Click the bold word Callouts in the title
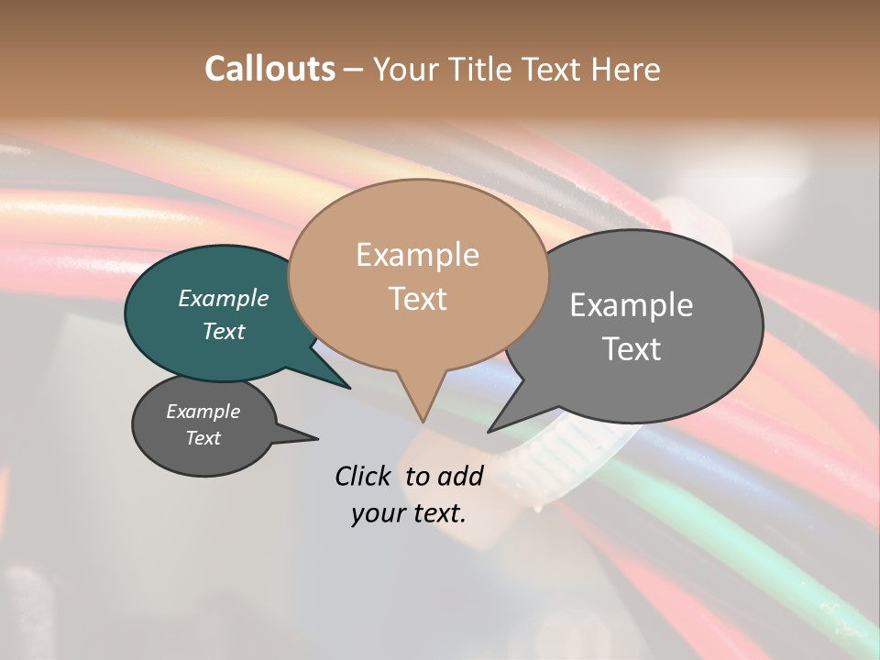[x=269, y=69]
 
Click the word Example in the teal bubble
[x=223, y=298]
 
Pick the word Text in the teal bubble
[x=223, y=331]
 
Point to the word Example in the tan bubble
[x=417, y=255]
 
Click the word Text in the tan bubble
[x=417, y=299]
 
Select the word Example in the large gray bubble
[x=631, y=305]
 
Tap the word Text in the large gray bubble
[x=631, y=349]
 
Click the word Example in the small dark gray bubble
[x=203, y=412]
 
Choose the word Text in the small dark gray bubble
[x=203, y=438]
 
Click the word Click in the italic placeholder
[x=365, y=476]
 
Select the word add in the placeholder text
[x=459, y=476]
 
